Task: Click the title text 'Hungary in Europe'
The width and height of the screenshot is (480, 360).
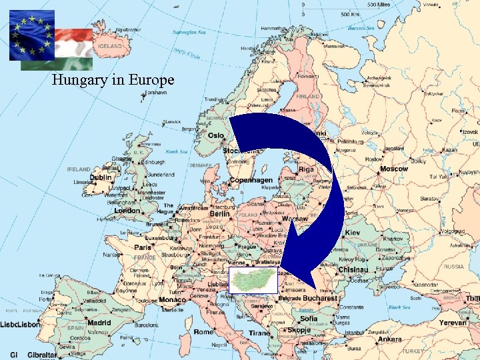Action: [113, 81]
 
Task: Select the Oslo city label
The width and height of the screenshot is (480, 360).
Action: [216, 135]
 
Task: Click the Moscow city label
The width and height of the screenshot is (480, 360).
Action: [393, 169]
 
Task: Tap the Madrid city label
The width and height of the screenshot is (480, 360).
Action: [99, 323]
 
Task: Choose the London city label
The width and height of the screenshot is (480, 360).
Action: [127, 211]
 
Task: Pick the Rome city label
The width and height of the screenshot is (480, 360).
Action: [203, 331]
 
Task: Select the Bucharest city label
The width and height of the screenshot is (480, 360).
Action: [319, 299]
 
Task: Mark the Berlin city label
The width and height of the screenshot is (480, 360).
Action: [220, 215]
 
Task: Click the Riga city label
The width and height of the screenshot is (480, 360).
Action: [306, 169]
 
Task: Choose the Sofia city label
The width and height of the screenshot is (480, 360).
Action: [309, 319]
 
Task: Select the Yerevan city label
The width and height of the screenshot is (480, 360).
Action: [453, 323]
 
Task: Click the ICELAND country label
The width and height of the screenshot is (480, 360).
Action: [110, 47]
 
